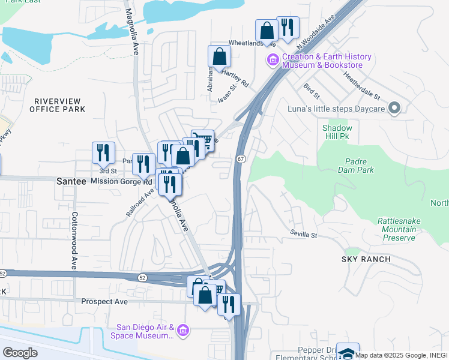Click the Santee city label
pyautogui.click(x=71, y=181)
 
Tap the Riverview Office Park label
pyautogui.click(x=59, y=105)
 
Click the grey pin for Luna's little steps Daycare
pyautogui.click(x=394, y=107)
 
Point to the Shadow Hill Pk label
pyautogui.click(x=337, y=133)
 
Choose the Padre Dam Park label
pyautogui.click(x=360, y=166)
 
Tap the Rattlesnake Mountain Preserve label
pyautogui.click(x=396, y=229)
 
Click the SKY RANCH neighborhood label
pyautogui.click(x=366, y=259)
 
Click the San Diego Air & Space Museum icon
pyautogui.click(x=183, y=331)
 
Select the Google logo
pyautogui.click(x=20, y=353)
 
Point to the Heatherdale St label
pyautogui.click(x=361, y=86)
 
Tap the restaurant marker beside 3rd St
pyautogui.click(x=103, y=153)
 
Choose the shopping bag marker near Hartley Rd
pyautogui.click(x=219, y=56)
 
